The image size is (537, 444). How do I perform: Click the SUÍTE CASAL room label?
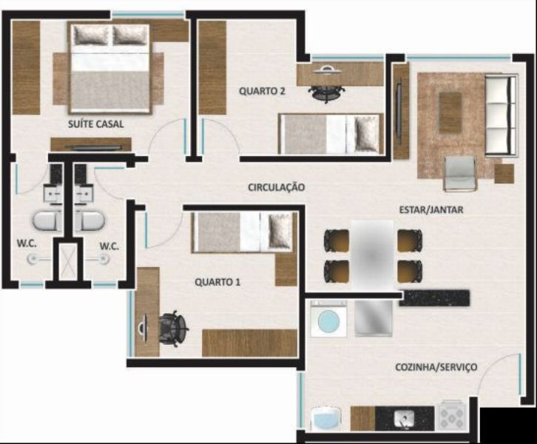95,124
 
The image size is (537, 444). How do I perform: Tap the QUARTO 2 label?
262,91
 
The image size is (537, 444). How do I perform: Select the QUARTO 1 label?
217,282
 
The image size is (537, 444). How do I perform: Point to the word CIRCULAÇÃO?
277,187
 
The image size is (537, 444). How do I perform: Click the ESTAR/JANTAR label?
431,209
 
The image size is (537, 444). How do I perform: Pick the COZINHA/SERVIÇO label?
436,367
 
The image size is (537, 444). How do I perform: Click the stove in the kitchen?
452,415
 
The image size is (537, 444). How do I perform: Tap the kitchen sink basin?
404,419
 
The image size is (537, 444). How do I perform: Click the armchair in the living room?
460,173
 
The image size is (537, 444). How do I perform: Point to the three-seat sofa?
501,115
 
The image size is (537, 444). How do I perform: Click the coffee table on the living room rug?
450,112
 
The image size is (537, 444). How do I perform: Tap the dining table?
373,255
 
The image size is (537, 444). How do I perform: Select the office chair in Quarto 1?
173,329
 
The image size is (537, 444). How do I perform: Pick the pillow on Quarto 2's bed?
367,134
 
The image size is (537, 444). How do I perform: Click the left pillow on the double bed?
92,35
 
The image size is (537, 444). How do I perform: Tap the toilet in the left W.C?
47,221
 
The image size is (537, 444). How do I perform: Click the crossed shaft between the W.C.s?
67,261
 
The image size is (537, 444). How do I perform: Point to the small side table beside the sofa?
504,174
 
